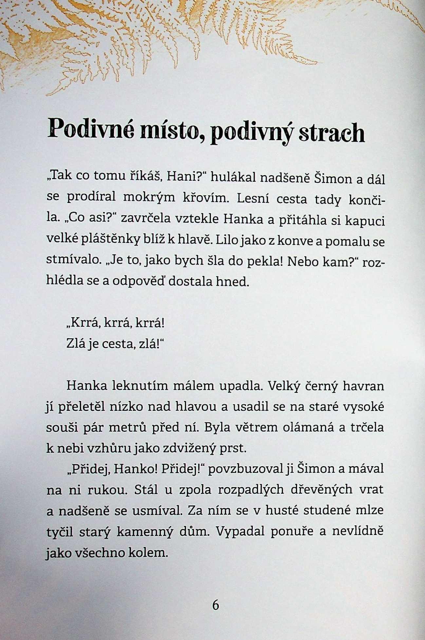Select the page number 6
click(215, 605)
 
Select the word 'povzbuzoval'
click(245, 469)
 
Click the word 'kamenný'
click(144, 532)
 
